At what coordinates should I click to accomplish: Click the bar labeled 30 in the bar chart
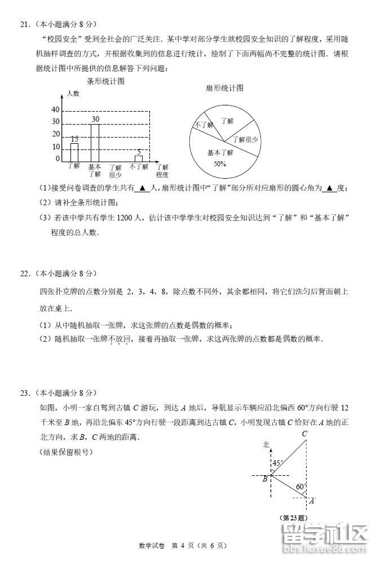95,143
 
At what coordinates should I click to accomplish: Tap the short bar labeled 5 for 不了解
139,158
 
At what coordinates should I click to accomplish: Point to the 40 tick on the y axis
55,109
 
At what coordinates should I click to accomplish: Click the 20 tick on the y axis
55,134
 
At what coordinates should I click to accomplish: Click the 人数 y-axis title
73,94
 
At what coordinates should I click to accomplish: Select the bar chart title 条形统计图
105,81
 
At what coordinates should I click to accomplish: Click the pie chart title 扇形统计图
224,88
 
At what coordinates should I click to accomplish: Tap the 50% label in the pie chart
220,164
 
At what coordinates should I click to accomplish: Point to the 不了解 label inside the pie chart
202,125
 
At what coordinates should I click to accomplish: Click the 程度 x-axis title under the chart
162,175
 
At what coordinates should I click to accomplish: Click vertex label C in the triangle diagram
304,434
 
